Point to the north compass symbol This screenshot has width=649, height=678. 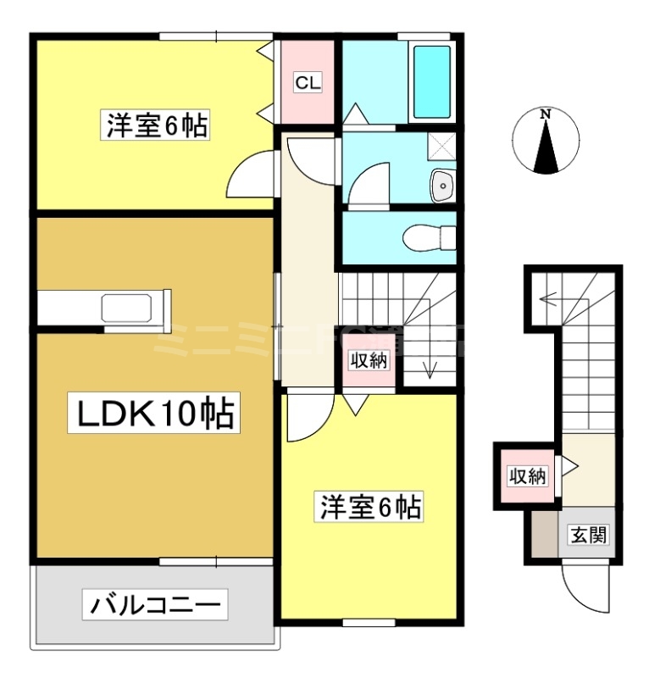[x=546, y=141]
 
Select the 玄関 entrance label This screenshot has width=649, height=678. [x=588, y=536]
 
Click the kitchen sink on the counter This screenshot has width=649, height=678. [x=126, y=308]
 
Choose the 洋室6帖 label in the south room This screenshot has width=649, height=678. [x=370, y=508]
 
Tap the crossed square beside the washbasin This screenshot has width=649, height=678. [x=441, y=147]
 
